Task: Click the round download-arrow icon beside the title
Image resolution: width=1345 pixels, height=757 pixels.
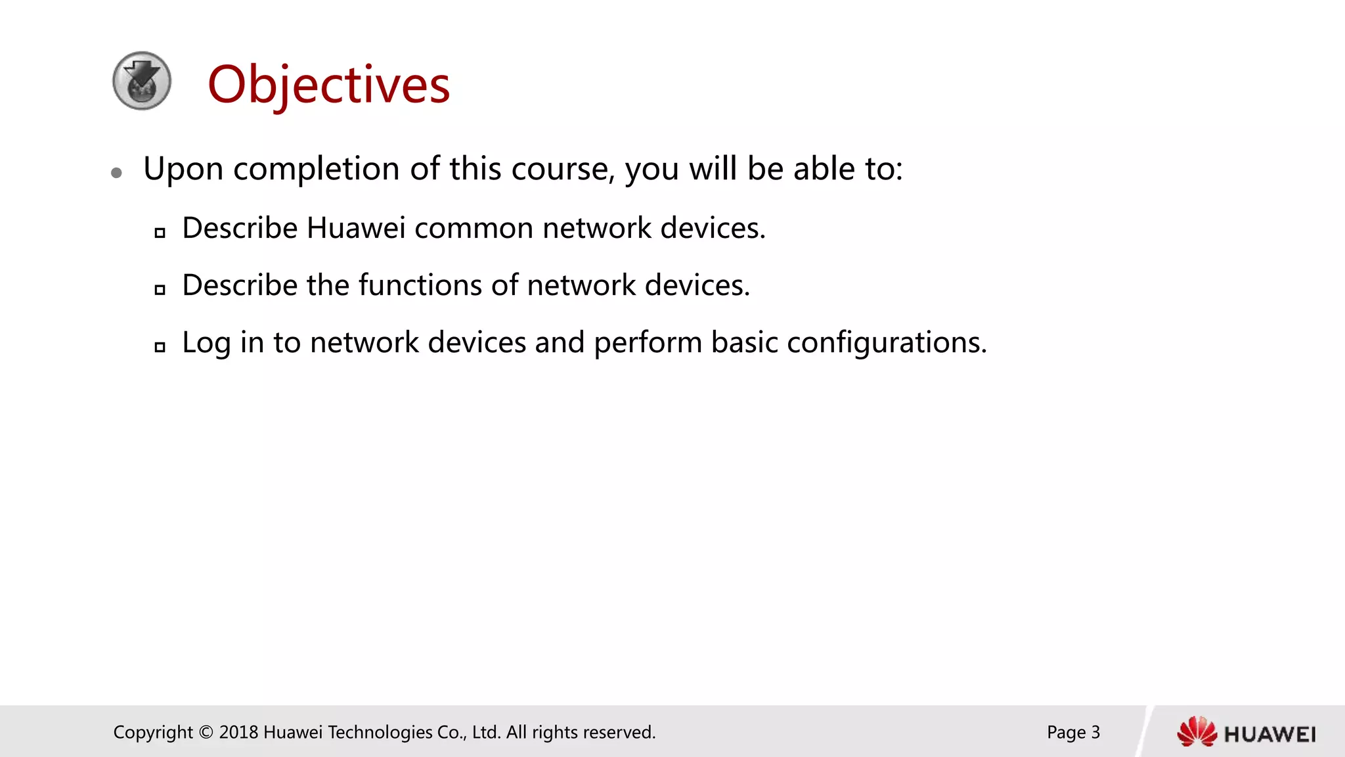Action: tap(142, 81)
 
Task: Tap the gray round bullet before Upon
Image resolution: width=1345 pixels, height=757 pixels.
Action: tap(117, 173)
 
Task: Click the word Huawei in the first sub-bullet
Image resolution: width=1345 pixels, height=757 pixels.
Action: tap(356, 228)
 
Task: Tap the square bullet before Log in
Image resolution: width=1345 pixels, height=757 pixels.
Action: tap(160, 347)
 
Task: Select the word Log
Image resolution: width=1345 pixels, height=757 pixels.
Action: tap(206, 343)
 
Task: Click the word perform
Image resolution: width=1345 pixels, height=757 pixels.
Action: tap(648, 343)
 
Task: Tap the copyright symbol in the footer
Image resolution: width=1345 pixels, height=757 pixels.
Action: tap(206, 732)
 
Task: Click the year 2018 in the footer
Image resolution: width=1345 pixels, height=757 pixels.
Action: tap(238, 732)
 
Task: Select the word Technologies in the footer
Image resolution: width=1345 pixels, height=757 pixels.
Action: tap(380, 732)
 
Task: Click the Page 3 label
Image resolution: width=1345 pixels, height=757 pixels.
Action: tap(1073, 732)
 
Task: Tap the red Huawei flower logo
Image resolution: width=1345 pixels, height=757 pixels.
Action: tap(1197, 732)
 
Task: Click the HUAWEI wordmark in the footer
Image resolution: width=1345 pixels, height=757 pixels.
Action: tap(1269, 734)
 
